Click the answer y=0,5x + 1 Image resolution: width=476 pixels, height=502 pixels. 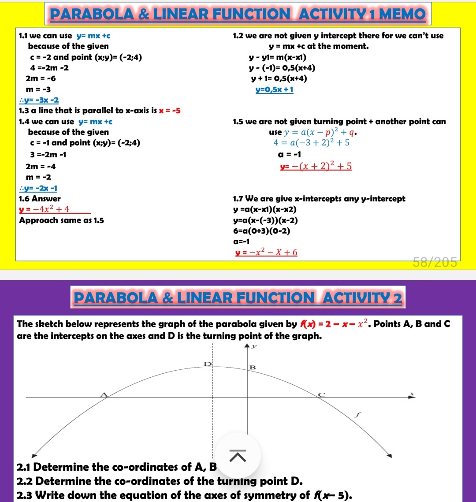click(x=274, y=90)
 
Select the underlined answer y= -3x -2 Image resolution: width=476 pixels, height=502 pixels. click(x=39, y=100)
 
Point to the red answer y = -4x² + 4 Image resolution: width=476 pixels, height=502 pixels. click(x=44, y=209)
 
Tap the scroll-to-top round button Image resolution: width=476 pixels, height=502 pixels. click(x=238, y=456)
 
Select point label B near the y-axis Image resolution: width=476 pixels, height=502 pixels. click(x=253, y=367)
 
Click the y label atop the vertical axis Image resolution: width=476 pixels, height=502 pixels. click(x=254, y=347)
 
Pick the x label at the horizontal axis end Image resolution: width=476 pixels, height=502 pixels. click(x=413, y=392)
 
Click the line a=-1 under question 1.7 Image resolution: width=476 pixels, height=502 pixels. click(x=242, y=242)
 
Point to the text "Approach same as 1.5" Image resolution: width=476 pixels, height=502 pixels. click(x=62, y=220)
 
